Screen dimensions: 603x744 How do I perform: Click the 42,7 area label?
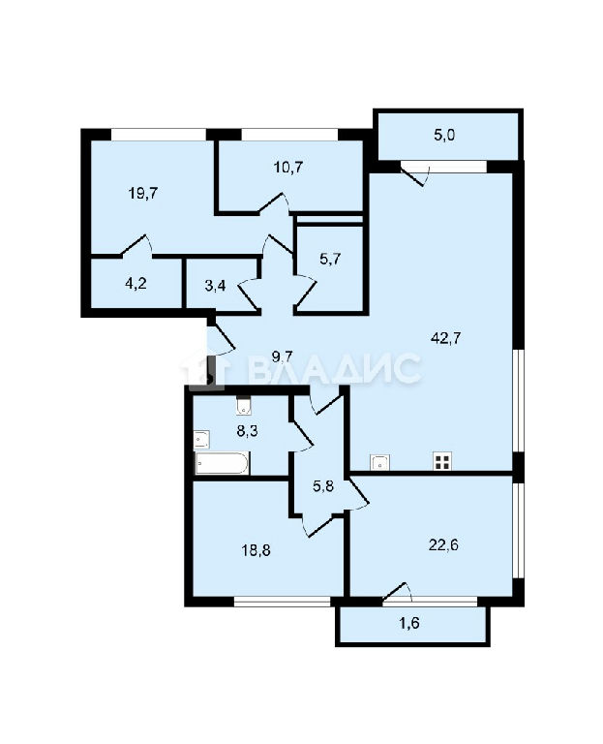coord(445,339)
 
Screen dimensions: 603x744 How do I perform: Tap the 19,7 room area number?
coord(143,193)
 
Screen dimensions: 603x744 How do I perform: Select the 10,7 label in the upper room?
coord(288,167)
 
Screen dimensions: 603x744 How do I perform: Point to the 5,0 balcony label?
coord(444,136)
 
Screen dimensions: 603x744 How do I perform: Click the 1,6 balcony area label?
coord(409,623)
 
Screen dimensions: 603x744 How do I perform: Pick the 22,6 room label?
coord(443,545)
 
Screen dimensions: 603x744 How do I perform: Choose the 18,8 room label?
coord(256,550)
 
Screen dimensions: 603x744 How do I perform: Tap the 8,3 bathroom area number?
coord(247,432)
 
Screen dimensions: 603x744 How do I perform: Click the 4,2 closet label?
coord(136,284)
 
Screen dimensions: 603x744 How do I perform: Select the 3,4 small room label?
coord(215,286)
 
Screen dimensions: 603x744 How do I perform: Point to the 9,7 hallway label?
coord(282,356)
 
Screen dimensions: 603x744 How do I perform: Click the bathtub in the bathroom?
coord(222,463)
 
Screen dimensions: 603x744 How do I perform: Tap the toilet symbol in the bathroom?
coord(244,406)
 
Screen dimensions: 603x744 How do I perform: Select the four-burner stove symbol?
coord(442,461)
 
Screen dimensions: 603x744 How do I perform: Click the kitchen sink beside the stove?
coord(380,462)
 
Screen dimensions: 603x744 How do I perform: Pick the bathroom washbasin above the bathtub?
coord(201,440)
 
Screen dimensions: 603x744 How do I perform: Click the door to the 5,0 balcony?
coord(415,174)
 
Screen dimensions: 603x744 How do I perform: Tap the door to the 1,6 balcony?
coord(397,592)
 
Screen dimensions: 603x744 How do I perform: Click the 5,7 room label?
coord(330,259)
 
